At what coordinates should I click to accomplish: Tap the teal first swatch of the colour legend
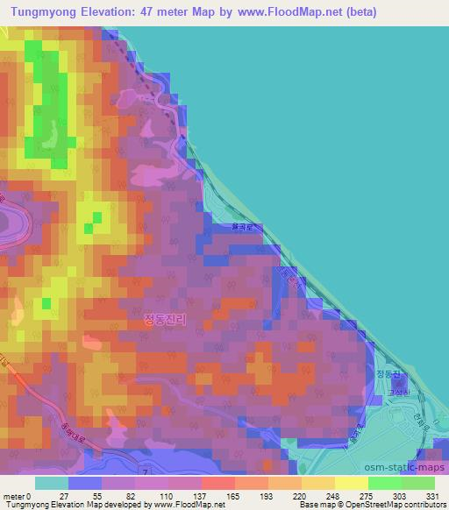51,483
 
